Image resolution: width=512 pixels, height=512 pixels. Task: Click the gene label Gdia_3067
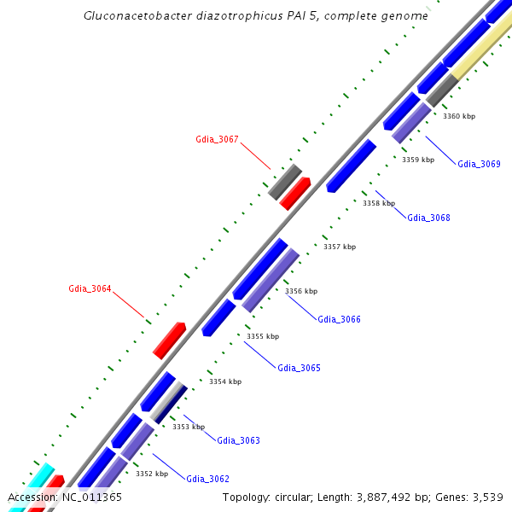217,139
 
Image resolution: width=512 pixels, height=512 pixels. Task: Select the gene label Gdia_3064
90,288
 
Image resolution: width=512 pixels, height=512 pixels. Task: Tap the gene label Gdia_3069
479,164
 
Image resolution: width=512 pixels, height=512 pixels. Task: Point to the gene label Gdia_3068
428,218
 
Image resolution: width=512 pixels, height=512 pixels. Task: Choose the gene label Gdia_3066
339,319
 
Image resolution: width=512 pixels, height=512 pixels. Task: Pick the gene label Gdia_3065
299,368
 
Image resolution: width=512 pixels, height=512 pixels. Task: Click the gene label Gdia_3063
238,440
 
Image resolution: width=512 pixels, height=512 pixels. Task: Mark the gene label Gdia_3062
207,479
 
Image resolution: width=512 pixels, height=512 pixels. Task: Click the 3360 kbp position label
459,116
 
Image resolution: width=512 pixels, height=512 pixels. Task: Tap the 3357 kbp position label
340,247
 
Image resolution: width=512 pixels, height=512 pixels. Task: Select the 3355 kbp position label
263,336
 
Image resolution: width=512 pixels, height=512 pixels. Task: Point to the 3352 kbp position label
151,474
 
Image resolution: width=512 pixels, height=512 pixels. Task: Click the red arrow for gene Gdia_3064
170,340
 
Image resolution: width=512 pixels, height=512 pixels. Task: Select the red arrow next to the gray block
295,194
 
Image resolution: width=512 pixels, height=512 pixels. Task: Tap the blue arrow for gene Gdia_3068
351,166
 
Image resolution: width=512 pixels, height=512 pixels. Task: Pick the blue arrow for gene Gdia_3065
218,317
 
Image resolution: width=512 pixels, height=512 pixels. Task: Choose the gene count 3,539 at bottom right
487,497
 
